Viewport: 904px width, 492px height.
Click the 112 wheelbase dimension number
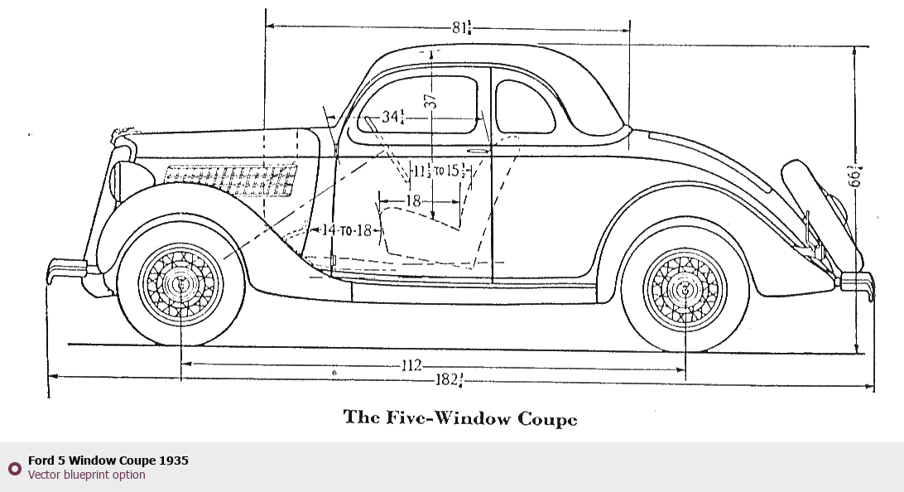click(411, 365)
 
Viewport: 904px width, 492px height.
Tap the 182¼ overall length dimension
click(449, 380)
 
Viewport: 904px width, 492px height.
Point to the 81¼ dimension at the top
click(461, 27)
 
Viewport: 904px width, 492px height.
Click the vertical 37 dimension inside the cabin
click(430, 100)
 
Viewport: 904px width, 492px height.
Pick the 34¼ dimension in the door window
click(392, 118)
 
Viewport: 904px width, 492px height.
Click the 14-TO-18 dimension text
click(347, 231)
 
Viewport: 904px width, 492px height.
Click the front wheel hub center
click(180, 283)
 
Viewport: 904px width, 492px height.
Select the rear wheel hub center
click(685, 289)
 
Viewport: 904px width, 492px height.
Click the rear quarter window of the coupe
click(524, 108)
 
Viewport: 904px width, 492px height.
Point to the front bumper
click(66, 269)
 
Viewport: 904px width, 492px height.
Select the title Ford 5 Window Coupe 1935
click(108, 461)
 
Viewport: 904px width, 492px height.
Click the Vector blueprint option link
click(86, 475)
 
